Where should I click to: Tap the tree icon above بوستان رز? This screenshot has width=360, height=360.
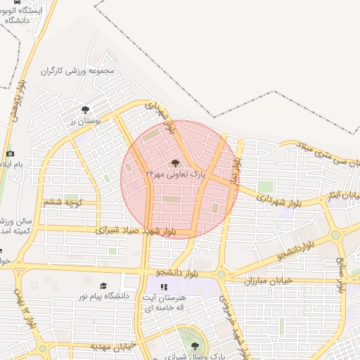[85, 110]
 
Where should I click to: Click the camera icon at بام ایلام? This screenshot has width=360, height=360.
[10, 153]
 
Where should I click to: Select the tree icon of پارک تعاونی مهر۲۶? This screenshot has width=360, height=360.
[175, 162]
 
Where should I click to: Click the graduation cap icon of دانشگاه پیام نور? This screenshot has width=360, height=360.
[103, 286]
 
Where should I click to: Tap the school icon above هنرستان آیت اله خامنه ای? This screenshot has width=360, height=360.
[165, 287]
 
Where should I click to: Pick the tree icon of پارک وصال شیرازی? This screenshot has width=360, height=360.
[195, 345]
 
